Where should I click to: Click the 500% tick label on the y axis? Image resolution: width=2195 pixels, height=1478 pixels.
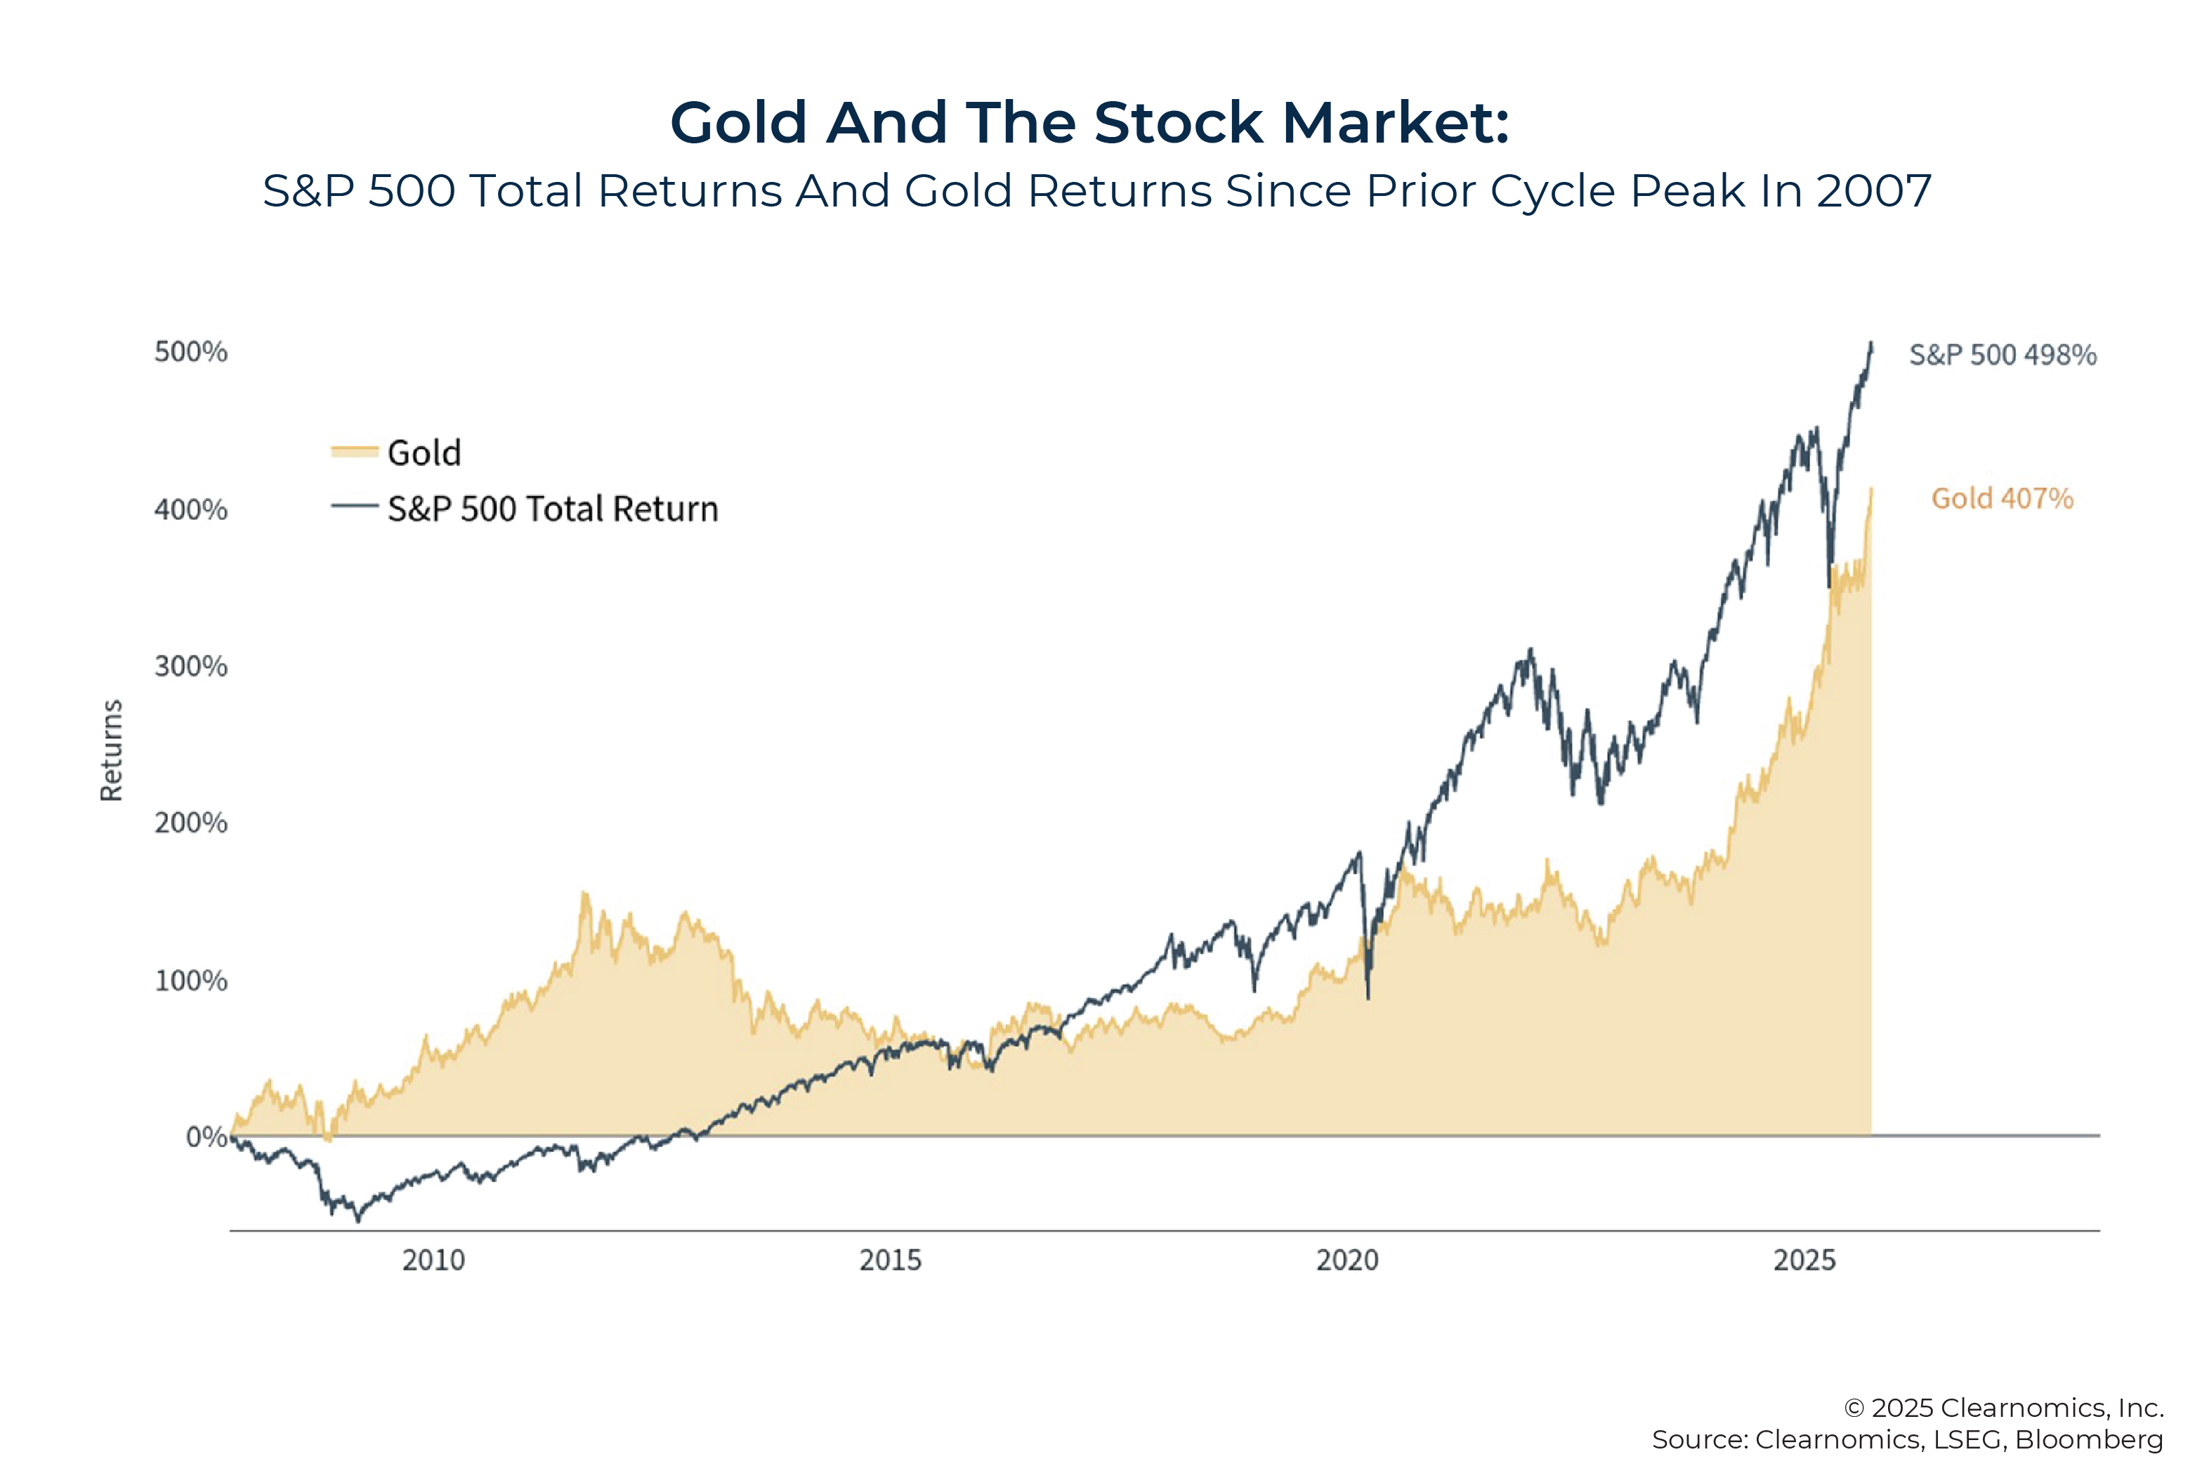190,353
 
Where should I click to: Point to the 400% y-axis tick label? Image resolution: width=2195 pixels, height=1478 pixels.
190,510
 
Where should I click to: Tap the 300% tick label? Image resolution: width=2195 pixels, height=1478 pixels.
190,667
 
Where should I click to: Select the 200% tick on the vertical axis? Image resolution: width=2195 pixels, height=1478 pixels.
190,823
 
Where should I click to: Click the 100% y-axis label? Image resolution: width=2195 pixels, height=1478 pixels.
190,981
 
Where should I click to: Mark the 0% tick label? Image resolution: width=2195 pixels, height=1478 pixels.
206,1137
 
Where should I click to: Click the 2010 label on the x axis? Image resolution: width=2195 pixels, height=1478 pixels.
433,1260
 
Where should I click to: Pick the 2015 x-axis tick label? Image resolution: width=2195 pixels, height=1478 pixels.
890,1260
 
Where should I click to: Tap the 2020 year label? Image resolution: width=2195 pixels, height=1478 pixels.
1347,1260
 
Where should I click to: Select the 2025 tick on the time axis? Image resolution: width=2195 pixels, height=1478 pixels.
1804,1260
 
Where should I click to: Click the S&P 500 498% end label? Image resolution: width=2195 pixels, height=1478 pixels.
2002,355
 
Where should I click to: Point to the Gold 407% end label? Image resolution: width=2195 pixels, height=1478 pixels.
2002,499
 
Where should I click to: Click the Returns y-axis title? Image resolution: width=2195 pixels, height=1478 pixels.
111,750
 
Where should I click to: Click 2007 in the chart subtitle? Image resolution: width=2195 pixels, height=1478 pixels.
1873,191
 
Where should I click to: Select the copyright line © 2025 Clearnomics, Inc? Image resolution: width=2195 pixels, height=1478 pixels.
2003,1407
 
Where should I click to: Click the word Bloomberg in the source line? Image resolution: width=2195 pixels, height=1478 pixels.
2088,1439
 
